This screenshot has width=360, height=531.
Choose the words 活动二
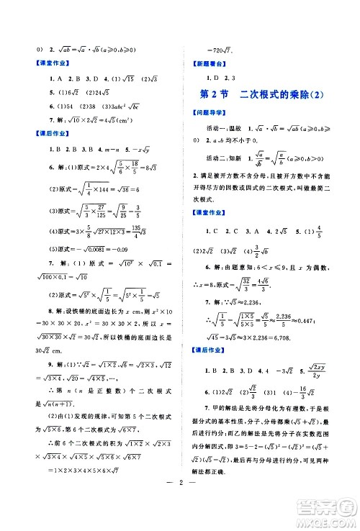coord(215,160)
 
